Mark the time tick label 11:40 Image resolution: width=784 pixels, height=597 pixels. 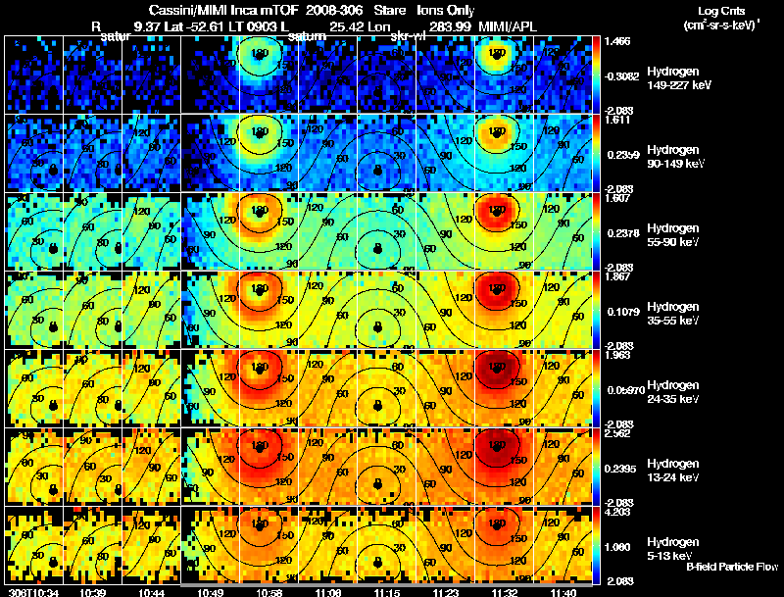pos(565,592)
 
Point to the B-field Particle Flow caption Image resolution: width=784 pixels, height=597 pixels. pos(732,567)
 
